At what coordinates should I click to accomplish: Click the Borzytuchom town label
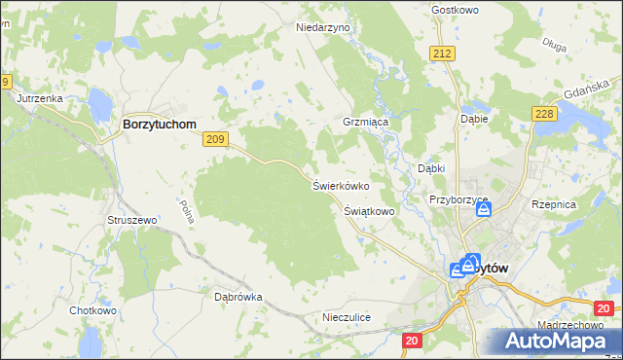coord(159,126)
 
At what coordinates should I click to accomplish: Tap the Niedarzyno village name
coord(322,28)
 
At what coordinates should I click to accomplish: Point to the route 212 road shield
coord(444,53)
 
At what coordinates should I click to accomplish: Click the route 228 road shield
coord(544,115)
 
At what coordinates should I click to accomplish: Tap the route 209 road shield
coord(216,141)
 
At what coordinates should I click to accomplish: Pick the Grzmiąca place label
coord(365,124)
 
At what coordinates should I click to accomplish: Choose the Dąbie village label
coord(473,119)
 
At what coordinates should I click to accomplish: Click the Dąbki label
coord(431,168)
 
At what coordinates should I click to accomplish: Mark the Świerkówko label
coord(340,185)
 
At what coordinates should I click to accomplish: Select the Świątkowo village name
coord(369,210)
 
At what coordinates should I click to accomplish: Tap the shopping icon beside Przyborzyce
coord(484,208)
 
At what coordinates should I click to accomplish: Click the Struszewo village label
coord(131,221)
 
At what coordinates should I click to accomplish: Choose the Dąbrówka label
coord(238,297)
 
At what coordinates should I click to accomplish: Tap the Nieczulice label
coord(347,317)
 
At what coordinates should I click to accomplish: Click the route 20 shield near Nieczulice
coord(412,340)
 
